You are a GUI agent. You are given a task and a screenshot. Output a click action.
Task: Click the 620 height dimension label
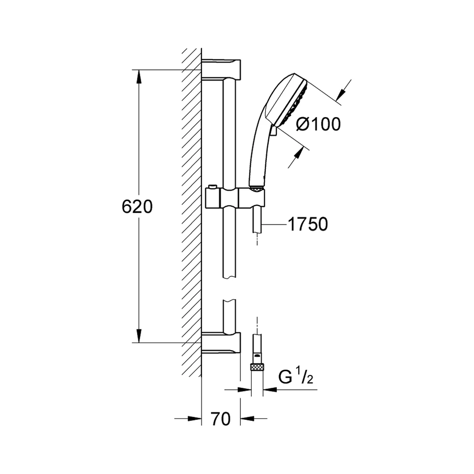(137, 207)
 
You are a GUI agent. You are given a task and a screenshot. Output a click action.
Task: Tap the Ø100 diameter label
(319, 124)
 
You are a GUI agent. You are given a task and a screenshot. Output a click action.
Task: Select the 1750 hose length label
(308, 224)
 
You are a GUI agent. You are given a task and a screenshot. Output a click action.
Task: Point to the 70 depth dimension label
(221, 419)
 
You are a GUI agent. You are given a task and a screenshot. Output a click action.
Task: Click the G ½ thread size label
(295, 377)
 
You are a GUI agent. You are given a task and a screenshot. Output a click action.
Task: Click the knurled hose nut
(257, 368)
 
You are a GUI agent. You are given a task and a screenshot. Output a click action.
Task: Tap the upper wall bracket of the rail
(221, 68)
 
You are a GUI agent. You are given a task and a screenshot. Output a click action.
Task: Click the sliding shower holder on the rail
(235, 198)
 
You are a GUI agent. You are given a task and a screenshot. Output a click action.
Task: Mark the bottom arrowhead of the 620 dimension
(139, 336)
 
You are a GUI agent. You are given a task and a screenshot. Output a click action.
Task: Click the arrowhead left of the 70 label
(194, 419)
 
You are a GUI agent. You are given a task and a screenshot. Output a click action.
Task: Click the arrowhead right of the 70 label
(247, 419)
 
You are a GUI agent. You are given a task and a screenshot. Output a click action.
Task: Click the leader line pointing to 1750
(274, 224)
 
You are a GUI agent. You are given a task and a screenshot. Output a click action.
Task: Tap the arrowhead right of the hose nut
(270, 390)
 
